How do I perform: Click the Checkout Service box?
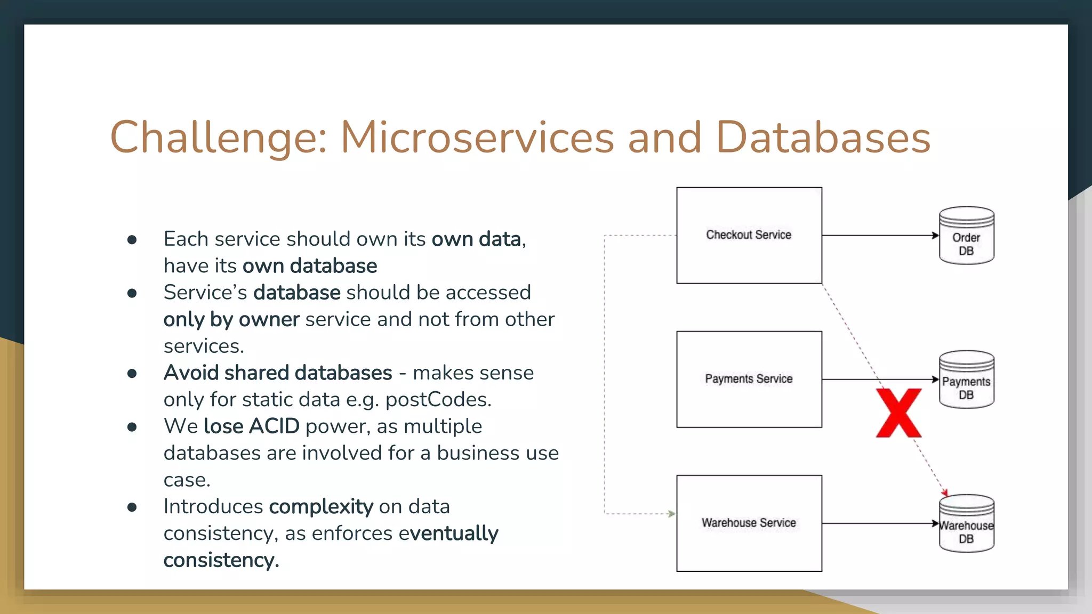[749, 235]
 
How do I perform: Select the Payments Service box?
[749, 379]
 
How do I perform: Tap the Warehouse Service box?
[749, 523]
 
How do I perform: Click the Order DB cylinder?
[966, 236]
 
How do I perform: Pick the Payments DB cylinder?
[966, 380]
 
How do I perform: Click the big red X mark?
[898, 413]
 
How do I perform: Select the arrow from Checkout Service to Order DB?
[880, 235]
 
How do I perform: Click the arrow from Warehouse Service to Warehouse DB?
[880, 523]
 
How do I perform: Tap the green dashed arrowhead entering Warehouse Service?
[671, 514]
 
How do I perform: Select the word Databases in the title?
[823, 138]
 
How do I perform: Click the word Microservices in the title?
[477, 138]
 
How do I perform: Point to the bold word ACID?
[274, 426]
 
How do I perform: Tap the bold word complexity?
[320, 506]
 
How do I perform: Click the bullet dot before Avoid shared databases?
[132, 374]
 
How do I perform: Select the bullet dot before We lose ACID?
[132, 427]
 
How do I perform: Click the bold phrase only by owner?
[231, 320]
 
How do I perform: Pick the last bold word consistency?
[220, 560]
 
